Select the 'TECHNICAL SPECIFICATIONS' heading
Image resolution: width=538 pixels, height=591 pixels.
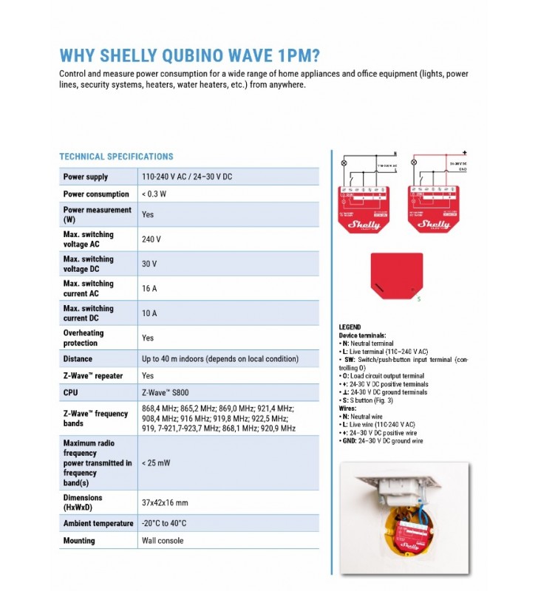116,157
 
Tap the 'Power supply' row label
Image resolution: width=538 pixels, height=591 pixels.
86,177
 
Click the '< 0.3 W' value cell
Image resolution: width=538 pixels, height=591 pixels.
154,195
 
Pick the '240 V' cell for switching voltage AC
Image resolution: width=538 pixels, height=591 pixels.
151,239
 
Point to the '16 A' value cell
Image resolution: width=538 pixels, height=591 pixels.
149,289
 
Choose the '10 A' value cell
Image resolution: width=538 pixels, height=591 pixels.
149,313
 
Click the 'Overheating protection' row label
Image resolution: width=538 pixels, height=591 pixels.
84,338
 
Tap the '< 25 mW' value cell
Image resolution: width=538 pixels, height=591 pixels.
156,462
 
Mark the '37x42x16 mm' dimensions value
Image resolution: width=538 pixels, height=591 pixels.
165,502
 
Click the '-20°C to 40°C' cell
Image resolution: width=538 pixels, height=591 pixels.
164,523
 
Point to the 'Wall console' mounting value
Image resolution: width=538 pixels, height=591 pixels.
163,541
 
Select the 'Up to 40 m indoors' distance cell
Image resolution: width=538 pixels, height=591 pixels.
220,359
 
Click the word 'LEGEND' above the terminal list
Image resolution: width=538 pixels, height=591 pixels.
350,327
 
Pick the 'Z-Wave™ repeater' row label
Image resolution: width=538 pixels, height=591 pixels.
93,376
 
